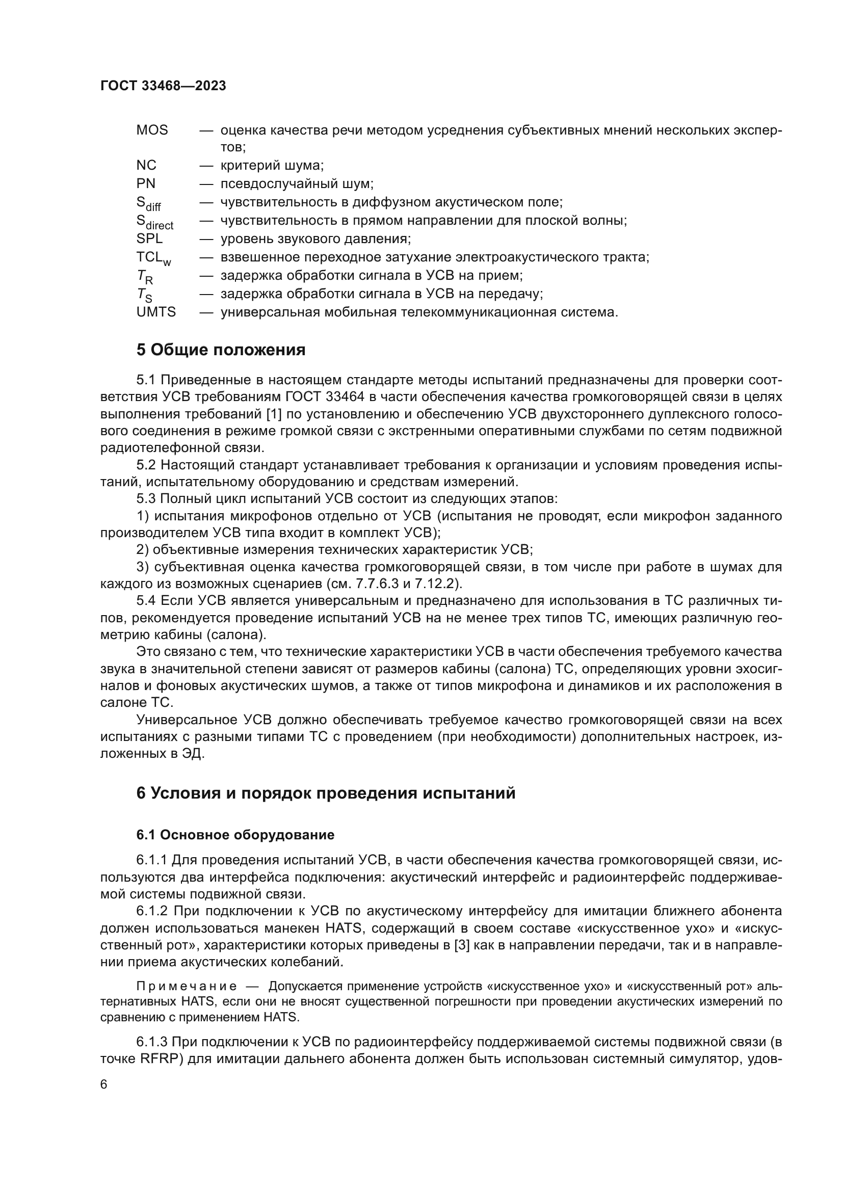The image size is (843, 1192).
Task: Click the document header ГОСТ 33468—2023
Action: click(163, 86)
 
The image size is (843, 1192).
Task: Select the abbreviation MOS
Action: click(152, 130)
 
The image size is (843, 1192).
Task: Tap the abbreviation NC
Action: click(146, 166)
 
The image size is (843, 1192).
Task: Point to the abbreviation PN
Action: click(146, 184)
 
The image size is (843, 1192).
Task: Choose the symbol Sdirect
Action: click(155, 222)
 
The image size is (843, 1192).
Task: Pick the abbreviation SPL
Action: click(149, 239)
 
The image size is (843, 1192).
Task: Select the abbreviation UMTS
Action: click(156, 312)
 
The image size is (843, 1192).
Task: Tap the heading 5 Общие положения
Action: click(221, 350)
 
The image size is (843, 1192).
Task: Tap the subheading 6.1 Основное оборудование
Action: click(235, 835)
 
